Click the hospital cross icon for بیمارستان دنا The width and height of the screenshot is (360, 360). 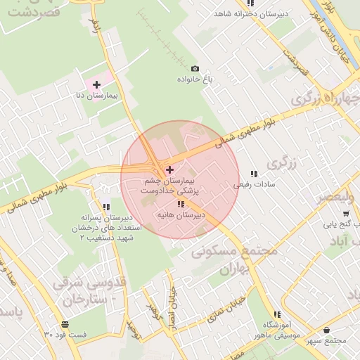[96, 84]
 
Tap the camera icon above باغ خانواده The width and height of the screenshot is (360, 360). [195, 69]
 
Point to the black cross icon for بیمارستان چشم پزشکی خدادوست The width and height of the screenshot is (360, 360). [169, 169]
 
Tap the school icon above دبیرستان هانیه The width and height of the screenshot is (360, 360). [181, 204]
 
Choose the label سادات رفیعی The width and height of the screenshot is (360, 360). [254, 185]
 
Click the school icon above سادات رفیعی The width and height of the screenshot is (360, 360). [254, 174]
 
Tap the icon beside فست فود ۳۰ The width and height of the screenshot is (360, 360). [65, 324]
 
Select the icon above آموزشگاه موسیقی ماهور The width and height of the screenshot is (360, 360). [278, 314]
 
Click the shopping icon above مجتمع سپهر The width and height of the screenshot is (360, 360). [326, 329]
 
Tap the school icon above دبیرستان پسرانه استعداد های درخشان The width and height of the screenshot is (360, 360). [106, 207]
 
